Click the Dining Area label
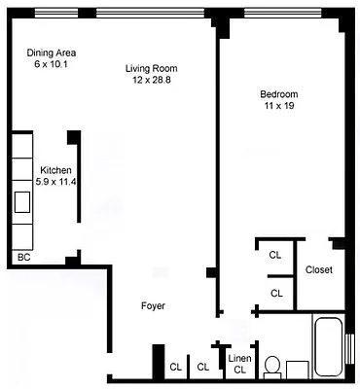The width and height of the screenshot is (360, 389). coord(53,53)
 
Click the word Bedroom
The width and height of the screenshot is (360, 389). coord(278,93)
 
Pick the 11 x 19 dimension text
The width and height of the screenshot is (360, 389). coord(278,105)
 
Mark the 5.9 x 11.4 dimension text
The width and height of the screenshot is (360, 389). coord(55,182)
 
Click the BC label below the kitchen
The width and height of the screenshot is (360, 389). coord(24,258)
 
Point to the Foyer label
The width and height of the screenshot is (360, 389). coord(152,305)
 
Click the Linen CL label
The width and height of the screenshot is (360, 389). coord(239,363)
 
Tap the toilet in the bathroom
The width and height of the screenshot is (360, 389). coord(273,367)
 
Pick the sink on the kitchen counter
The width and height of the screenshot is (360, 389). coord(21,202)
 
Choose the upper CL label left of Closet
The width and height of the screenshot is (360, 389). coord(275,255)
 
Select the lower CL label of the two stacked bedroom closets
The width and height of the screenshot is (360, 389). coord(275,292)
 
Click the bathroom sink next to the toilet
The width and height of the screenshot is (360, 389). coord(297,370)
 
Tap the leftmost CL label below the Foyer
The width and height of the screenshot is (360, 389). coord(176,367)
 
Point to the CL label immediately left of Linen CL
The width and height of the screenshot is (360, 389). coord(202,367)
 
